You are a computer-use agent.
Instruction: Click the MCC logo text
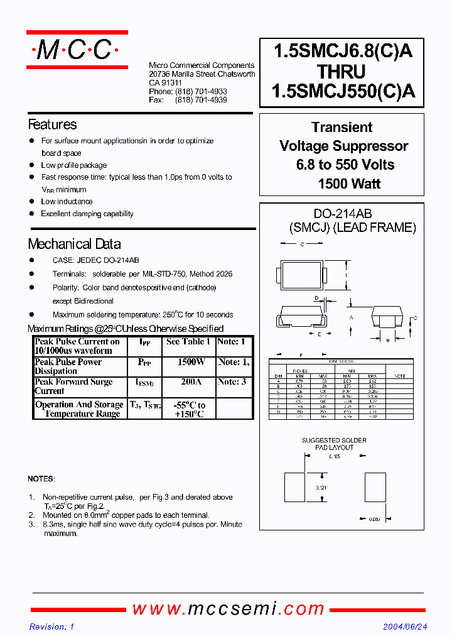pyautogui.click(x=76, y=50)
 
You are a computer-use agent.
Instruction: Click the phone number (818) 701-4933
pyautogui.click(x=201, y=91)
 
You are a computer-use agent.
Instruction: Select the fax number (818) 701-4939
pyautogui.click(x=201, y=100)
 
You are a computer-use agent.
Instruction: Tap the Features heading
pyautogui.click(x=52, y=124)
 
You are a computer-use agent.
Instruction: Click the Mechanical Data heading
pyautogui.click(x=74, y=244)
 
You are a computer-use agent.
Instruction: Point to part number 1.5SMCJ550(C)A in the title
pyautogui.click(x=343, y=92)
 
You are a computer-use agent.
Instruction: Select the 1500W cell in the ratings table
pyautogui.click(x=190, y=363)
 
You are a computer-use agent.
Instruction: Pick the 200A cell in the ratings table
pyautogui.click(x=190, y=382)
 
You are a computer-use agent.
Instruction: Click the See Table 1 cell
pyautogui.click(x=188, y=342)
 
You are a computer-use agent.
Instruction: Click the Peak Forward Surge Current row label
pyautogui.click(x=73, y=386)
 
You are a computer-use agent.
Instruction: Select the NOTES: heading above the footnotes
pyautogui.click(x=41, y=479)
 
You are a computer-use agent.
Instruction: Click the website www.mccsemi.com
pyautogui.click(x=229, y=608)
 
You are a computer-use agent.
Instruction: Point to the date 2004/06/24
pyautogui.click(x=405, y=627)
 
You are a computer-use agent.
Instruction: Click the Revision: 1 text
pyautogui.click(x=52, y=627)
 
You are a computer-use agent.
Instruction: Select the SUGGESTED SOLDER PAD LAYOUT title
pyautogui.click(x=334, y=444)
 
